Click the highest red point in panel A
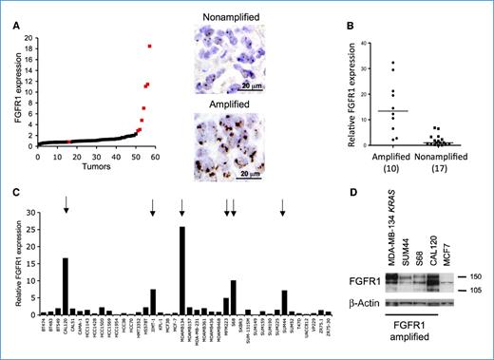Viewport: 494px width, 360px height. pos(149,47)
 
